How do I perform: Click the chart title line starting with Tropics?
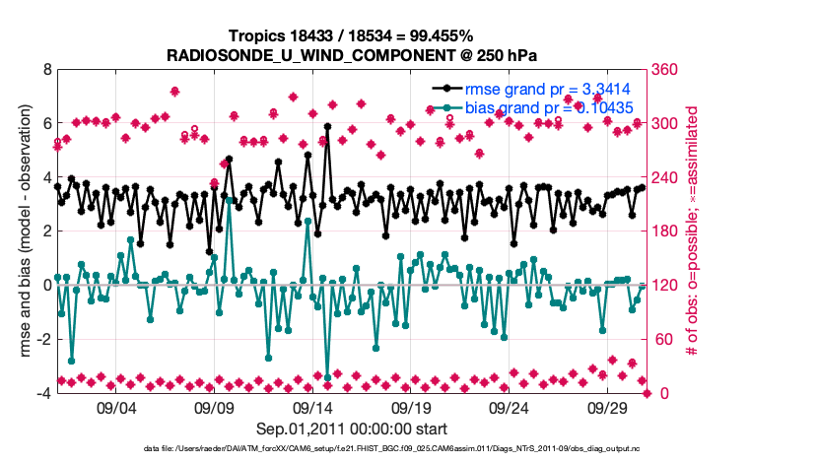tap(353, 34)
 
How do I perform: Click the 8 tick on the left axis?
tap(45, 70)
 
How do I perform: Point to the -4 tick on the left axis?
tap(42, 393)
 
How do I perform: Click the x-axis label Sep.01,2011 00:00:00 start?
tap(353, 429)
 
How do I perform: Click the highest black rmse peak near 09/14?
tap(327, 127)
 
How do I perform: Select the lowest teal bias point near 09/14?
tap(327, 377)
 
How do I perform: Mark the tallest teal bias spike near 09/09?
tap(229, 200)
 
